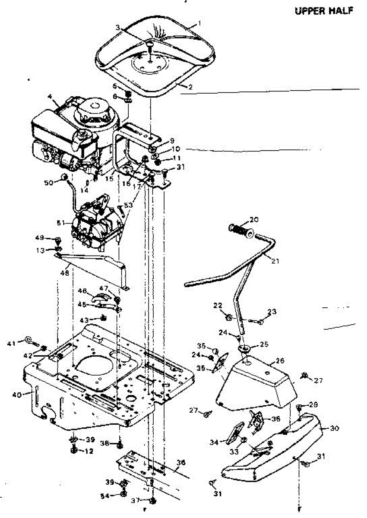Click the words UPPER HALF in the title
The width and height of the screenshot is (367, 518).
(x=324, y=11)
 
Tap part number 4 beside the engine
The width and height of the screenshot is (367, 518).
(x=51, y=103)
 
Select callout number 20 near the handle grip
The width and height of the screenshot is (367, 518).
(x=253, y=219)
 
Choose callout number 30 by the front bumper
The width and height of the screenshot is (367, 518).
(x=334, y=428)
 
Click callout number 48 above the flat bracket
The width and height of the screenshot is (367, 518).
(x=64, y=273)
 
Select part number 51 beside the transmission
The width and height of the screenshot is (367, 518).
(x=61, y=223)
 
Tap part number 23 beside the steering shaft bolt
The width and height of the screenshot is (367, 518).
(x=272, y=312)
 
